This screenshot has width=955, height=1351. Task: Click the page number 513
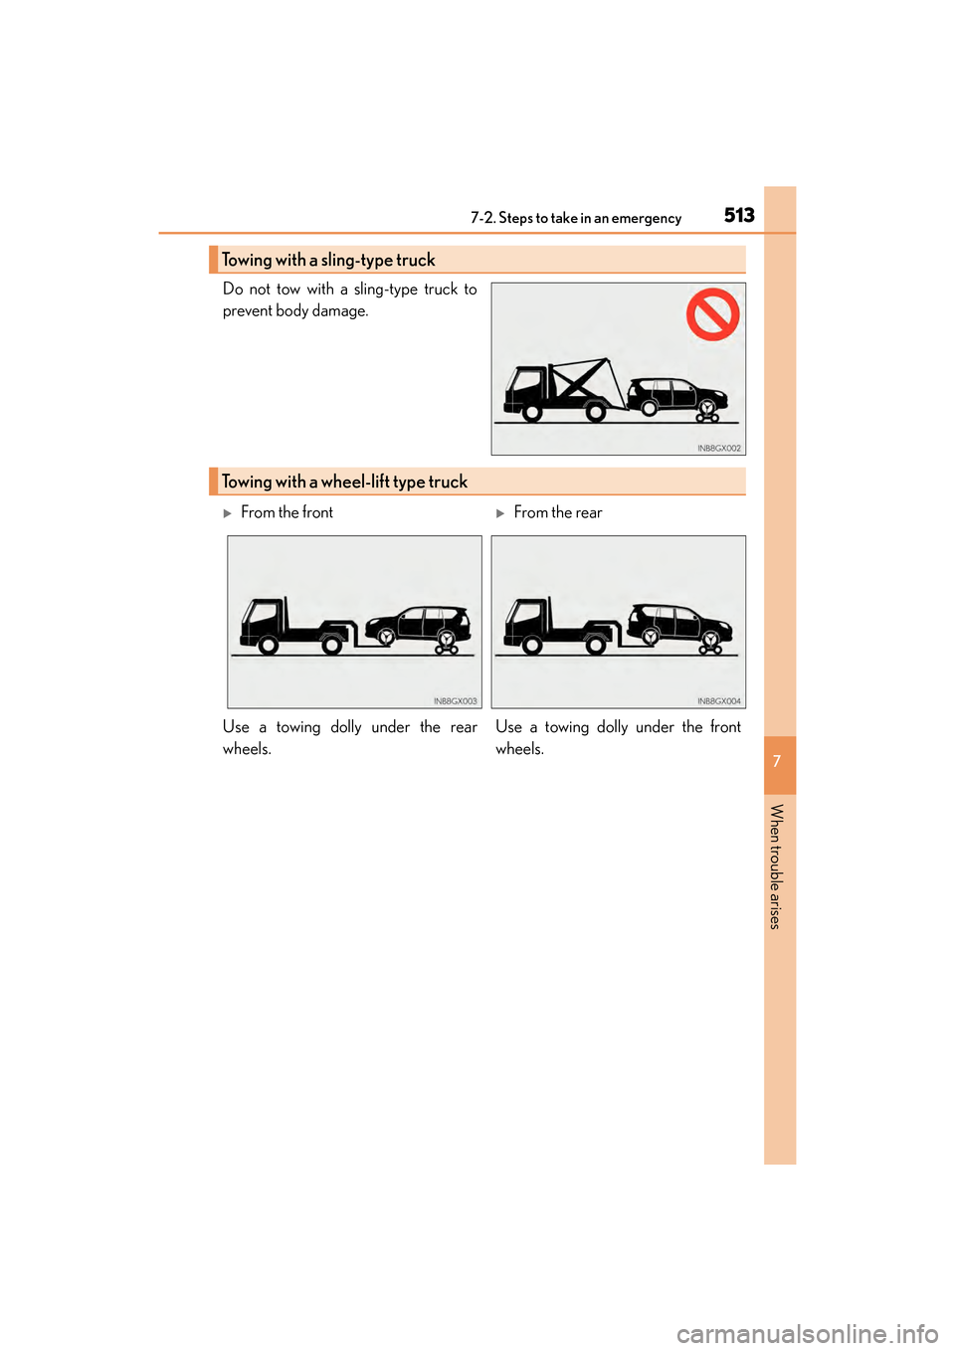(739, 215)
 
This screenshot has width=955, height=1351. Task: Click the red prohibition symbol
(712, 314)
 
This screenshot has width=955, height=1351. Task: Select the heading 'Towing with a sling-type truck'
(328, 260)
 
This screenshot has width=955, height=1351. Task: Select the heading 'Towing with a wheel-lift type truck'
(344, 482)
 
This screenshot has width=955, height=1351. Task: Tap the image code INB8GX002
(718, 449)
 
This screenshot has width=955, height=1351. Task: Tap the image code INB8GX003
(455, 701)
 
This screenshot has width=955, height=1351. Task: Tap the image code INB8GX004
(718, 701)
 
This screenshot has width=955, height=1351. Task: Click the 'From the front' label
(286, 512)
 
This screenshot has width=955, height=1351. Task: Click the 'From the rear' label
(557, 512)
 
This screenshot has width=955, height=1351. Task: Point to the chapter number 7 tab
(778, 762)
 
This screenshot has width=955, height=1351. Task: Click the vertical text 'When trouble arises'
(777, 866)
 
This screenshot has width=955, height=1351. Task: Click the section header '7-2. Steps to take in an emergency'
(576, 218)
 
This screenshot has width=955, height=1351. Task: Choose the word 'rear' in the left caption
(464, 727)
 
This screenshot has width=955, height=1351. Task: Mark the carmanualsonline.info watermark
(807, 1333)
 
